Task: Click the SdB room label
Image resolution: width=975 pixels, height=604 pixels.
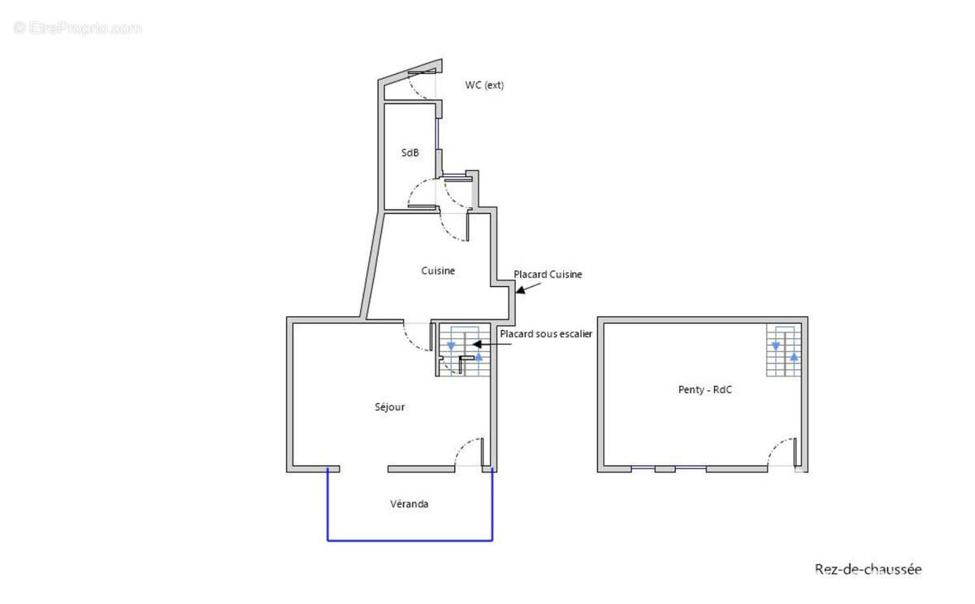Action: click(409, 152)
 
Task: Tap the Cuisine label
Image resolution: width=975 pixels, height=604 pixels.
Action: click(438, 271)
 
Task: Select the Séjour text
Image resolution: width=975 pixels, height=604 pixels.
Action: click(389, 406)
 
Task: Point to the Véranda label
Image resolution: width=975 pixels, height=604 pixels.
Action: click(409, 504)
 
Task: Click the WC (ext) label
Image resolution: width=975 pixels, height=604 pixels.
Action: click(484, 85)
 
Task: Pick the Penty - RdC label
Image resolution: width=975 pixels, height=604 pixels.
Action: click(704, 389)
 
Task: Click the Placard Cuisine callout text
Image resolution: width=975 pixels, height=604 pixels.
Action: click(548, 274)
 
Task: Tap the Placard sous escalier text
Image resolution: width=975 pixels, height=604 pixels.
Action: click(546, 334)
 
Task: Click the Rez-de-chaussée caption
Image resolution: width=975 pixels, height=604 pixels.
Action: click(868, 569)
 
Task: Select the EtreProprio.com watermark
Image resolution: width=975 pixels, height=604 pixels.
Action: click(77, 28)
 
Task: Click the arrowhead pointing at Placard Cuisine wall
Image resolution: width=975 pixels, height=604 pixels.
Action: click(520, 289)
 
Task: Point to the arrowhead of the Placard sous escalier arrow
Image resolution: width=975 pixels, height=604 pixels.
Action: click(477, 344)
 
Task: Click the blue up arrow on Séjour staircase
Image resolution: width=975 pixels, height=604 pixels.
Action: click(479, 357)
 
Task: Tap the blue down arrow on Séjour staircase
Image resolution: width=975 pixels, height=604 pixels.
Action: click(452, 346)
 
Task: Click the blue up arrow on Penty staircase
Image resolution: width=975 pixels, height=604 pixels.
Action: click(794, 357)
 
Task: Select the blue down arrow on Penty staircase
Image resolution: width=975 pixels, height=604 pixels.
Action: click(776, 346)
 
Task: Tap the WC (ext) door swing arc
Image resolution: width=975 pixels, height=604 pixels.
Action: click(415, 92)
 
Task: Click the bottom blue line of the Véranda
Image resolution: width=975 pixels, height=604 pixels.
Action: click(409, 541)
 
